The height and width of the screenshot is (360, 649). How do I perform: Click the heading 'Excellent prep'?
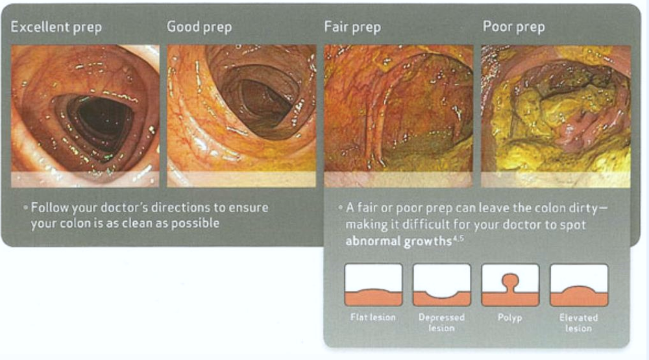coord(56,27)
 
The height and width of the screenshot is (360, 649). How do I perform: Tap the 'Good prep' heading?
coord(199,27)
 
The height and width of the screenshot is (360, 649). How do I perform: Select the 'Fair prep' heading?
coord(352,27)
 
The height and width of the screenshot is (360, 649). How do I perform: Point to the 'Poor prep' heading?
coord(513,27)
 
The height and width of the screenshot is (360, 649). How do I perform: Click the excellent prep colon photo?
coord(85,116)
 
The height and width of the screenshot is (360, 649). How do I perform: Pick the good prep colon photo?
coord(241,116)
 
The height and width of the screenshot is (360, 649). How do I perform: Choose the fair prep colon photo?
coord(398,116)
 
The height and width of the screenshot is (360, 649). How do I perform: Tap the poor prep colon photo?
coord(556,116)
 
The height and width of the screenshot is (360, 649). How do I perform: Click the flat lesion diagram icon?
coord(373,285)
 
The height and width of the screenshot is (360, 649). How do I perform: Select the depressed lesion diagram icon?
coord(441,285)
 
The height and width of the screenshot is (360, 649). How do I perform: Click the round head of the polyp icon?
coord(510,280)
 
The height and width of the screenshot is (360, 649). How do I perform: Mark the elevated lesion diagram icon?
coord(579,285)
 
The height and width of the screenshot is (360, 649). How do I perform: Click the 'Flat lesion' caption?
coord(373,317)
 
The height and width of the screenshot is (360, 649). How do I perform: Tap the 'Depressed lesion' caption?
coord(441,323)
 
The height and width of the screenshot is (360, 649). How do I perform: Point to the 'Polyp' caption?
coord(510,318)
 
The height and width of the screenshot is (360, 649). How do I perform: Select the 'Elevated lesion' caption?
coord(579,323)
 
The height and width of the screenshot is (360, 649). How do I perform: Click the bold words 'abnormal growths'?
coord(398,241)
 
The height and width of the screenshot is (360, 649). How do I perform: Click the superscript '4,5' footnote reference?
coord(458,238)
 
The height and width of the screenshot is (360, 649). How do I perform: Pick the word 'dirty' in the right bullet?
coord(583,208)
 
